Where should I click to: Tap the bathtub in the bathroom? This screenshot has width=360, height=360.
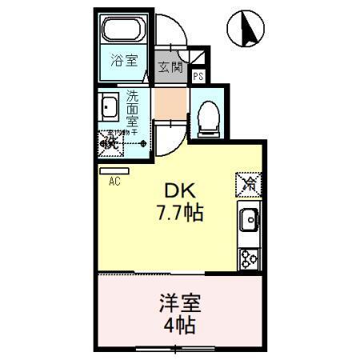pos(125,32)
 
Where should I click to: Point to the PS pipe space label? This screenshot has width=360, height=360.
pos(198,77)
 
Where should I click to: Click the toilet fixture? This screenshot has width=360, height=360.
pos(206,114)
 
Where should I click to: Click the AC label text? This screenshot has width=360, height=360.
pos(114,182)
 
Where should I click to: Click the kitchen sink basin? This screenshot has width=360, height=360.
pos(248,218)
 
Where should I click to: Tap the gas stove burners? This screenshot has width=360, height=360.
pos(248,258)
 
